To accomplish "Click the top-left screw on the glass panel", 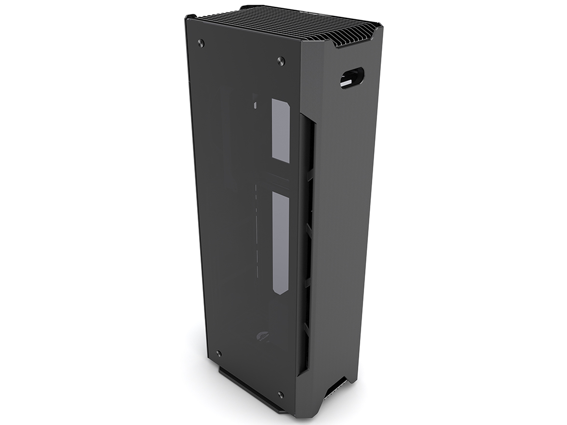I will (x=201, y=43).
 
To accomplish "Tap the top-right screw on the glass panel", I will (x=281, y=61).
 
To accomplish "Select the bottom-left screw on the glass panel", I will (x=219, y=353).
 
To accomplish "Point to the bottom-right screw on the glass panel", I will (x=281, y=394).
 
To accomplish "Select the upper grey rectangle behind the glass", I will (x=281, y=131).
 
